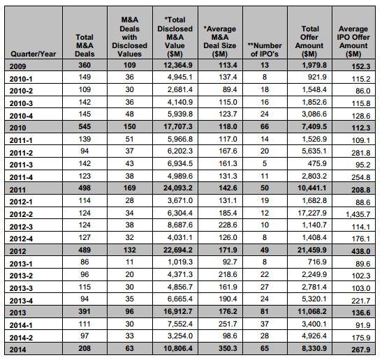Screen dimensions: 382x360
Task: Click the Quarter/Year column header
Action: [34, 54]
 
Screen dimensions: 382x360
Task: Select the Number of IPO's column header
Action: [265, 50]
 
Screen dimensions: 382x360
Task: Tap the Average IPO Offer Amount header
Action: [353, 41]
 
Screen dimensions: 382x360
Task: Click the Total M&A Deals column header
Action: [85, 45]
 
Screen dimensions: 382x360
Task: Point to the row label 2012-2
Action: [21, 214]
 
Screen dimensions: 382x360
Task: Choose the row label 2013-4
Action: [21, 301]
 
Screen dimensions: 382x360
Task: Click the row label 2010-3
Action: [21, 103]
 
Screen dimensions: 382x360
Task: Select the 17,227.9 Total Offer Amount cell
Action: [312, 213]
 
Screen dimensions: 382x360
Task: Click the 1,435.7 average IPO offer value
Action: [358, 214]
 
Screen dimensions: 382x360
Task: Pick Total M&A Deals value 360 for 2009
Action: [85, 65]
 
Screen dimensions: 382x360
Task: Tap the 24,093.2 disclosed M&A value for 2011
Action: [178, 188]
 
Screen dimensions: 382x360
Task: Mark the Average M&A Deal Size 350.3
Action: [228, 348]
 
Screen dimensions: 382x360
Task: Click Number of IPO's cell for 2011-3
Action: [265, 163]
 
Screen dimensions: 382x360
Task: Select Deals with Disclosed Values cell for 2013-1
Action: [130, 262]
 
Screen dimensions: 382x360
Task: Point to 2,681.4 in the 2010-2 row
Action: [179, 89]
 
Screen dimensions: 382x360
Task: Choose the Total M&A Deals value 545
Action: [85, 126]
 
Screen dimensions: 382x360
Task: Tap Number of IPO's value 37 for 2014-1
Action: [265, 324]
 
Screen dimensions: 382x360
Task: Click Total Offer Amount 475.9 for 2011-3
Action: [317, 163]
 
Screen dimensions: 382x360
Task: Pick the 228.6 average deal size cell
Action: [228, 225]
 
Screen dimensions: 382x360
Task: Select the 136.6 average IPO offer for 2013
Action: [361, 313]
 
